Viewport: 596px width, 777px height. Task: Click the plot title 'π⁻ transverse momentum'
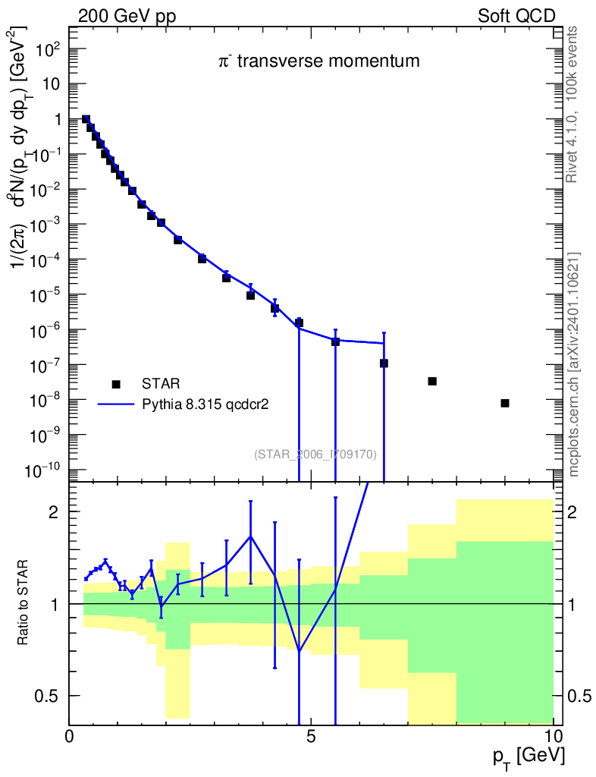[318, 61]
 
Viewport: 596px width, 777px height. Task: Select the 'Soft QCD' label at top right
[516, 16]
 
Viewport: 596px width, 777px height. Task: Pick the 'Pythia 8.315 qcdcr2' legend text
[207, 404]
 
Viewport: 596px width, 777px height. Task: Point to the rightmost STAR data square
[505, 403]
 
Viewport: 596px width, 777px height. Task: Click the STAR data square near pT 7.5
[432, 381]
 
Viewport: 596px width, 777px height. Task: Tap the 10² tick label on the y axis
[47, 50]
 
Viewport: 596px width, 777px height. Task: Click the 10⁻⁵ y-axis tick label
[45, 295]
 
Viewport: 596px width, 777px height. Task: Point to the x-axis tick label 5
[311, 736]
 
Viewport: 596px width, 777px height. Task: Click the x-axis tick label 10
[553, 736]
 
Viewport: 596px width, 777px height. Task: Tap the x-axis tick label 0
[70, 736]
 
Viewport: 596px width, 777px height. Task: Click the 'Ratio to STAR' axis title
[26, 604]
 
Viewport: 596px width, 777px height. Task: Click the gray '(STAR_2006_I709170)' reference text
[315, 455]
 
